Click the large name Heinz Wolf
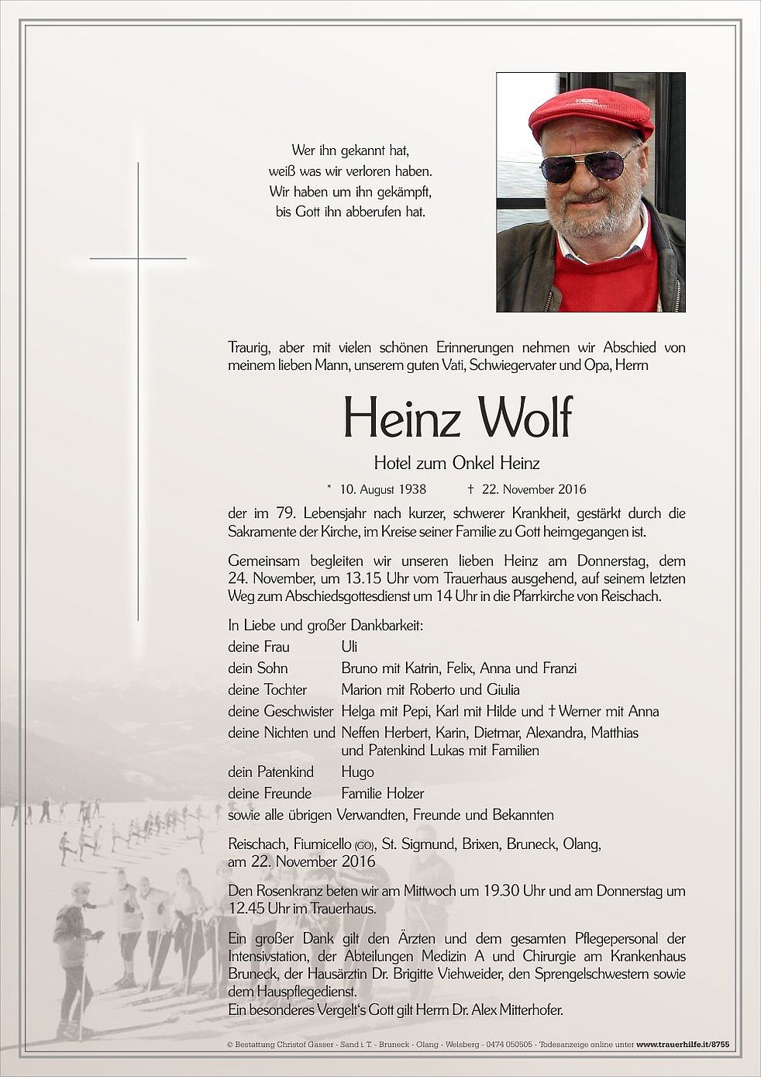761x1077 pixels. (x=457, y=419)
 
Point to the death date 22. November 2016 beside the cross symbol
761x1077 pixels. (x=534, y=489)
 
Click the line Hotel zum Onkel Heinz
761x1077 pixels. (x=456, y=464)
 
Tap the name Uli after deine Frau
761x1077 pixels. (x=350, y=646)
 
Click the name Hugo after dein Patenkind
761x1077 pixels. (x=357, y=772)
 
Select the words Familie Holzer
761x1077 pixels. (x=383, y=793)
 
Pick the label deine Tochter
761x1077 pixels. (x=267, y=689)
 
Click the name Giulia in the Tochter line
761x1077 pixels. (x=502, y=689)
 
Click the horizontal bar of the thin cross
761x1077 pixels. (x=138, y=258)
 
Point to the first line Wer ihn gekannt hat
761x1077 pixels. (x=350, y=150)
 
